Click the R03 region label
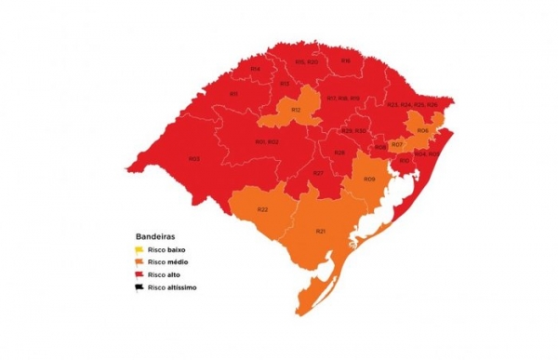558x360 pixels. (x=193, y=159)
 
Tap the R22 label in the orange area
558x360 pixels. (x=263, y=209)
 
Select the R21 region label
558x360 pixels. (x=320, y=231)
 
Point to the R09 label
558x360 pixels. (x=368, y=179)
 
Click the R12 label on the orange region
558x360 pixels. (x=295, y=111)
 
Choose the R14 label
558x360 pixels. (x=255, y=70)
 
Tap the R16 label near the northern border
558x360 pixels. (x=345, y=61)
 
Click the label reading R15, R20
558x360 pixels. (x=306, y=61)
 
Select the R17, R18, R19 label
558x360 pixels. (x=342, y=98)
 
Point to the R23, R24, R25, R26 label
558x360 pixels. (x=411, y=105)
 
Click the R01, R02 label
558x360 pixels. (x=267, y=141)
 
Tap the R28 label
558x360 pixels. (x=339, y=153)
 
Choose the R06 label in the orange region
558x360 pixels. (x=422, y=130)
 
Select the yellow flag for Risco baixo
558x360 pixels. (x=139, y=249)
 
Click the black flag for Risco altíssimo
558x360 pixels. (x=139, y=287)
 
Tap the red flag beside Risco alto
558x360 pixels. (x=139, y=275)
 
